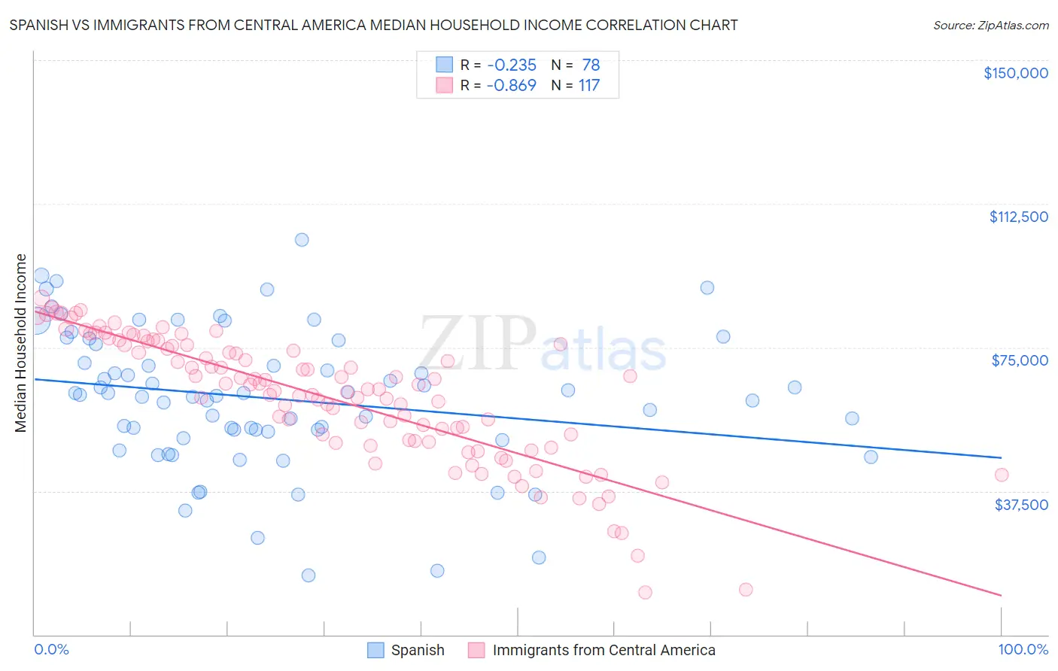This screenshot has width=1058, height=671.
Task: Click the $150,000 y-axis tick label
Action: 1015,73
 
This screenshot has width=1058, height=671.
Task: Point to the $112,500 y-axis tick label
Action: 1018,217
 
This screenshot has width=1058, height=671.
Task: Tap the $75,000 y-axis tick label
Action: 1020,360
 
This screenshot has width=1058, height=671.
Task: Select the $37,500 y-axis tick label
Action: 1021,505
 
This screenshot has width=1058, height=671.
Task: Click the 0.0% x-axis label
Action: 51,649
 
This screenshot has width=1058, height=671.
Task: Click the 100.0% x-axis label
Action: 1023,649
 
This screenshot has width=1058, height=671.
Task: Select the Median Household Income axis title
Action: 21,343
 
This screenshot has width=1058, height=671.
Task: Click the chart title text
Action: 373,25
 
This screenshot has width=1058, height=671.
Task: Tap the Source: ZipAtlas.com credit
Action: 990,25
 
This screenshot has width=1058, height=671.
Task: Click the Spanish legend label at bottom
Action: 418,650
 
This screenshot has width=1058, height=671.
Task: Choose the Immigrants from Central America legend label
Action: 603,650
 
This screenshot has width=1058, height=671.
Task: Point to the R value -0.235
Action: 511,65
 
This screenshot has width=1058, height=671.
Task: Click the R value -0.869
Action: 511,86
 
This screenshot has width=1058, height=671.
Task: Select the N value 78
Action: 591,65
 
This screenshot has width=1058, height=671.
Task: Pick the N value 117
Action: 589,86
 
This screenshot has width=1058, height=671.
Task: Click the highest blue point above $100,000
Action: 302,240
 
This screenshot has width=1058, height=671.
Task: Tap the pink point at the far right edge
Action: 1001,475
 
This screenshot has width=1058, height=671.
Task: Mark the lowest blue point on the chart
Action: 309,575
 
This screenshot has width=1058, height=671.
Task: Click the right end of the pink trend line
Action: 1001,595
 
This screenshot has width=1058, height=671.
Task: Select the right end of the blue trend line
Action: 1001,457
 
